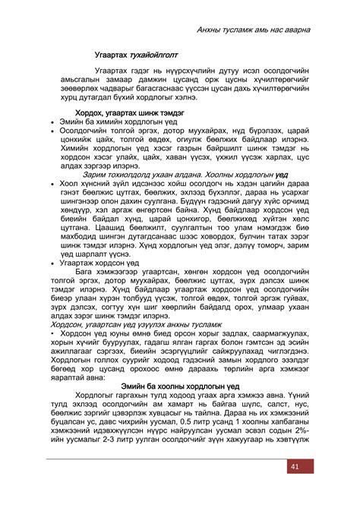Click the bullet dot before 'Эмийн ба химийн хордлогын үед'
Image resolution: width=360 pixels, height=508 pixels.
point(50,121)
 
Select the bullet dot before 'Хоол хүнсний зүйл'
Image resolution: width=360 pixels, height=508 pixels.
point(50,184)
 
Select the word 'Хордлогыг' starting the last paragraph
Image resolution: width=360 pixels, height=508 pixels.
point(96,396)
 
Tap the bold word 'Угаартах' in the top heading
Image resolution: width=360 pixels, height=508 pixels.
point(105,56)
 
